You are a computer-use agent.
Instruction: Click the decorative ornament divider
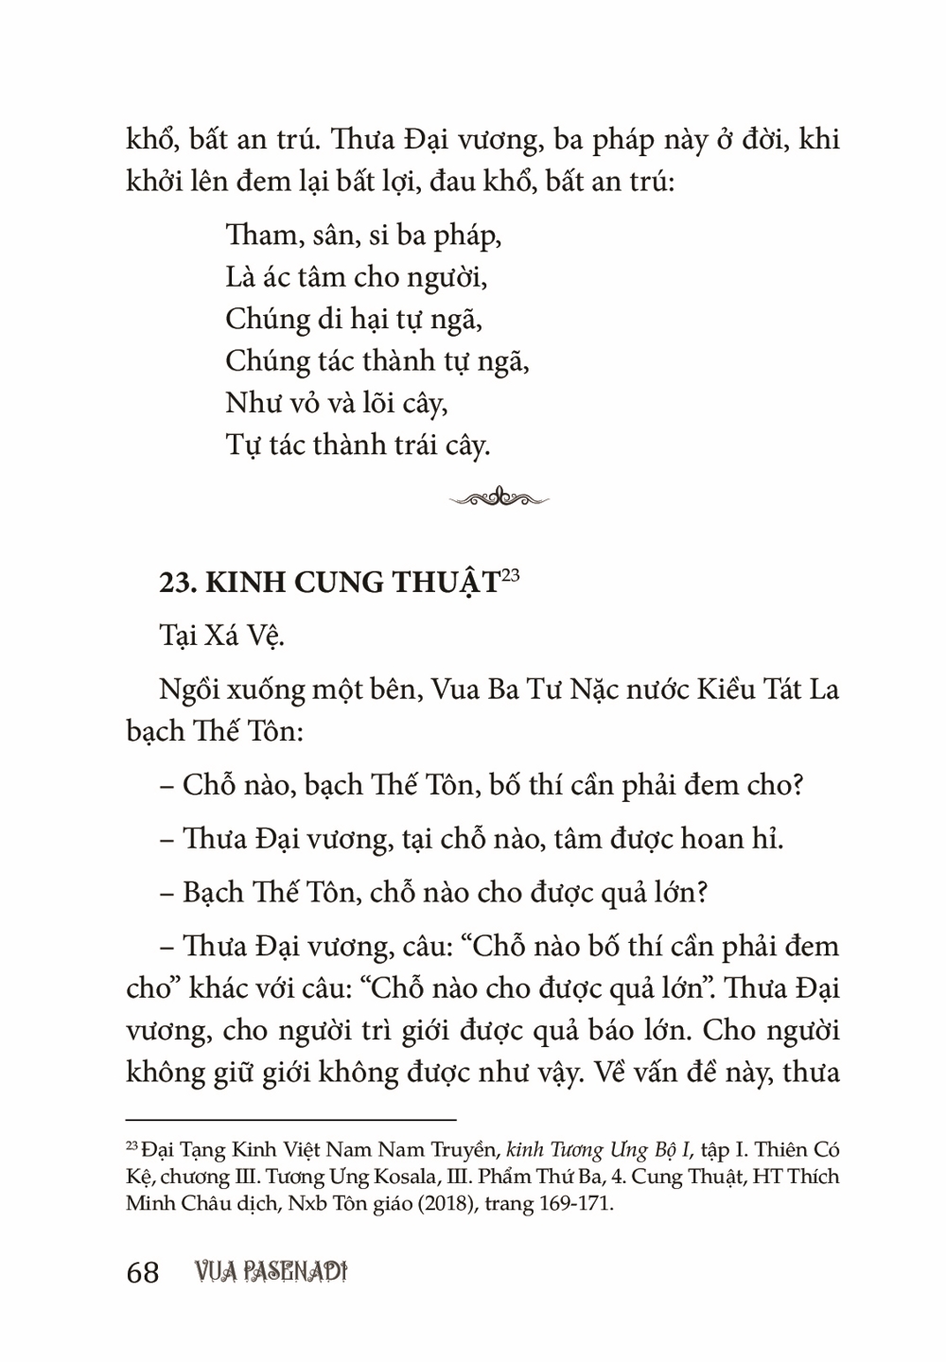499,498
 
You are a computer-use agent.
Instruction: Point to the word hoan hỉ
732,838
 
